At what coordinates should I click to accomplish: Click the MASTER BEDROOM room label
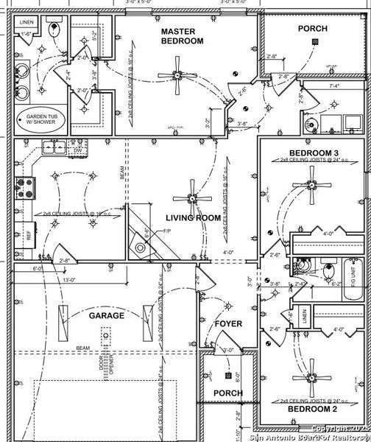point(182,37)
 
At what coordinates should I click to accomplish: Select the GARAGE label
point(106,315)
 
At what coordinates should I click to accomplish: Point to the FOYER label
point(228,323)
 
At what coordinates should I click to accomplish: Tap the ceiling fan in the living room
point(192,197)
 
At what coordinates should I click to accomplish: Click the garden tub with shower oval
point(46,120)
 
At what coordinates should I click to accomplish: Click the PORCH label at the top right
point(312,28)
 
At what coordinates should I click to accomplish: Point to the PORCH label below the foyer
point(227,393)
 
